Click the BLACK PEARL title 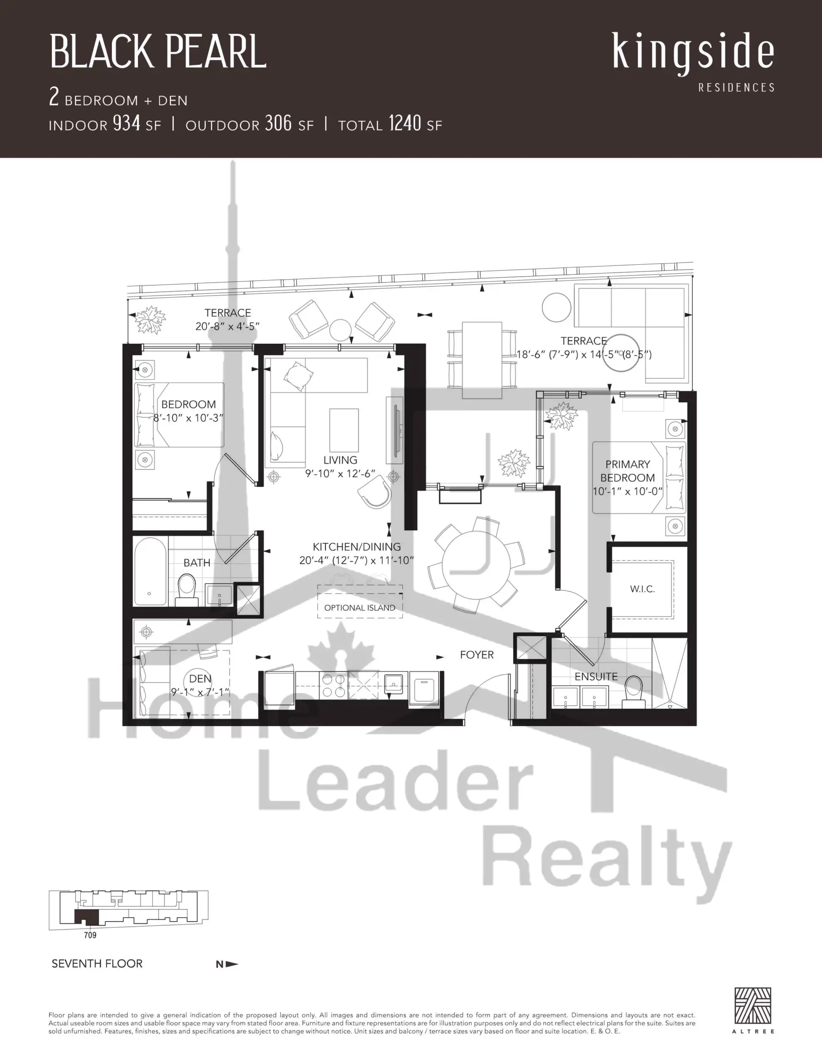point(158,52)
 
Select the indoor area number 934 point(127,124)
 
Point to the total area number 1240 point(405,124)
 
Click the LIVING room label point(340,460)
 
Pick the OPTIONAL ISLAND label point(359,608)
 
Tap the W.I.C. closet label point(642,589)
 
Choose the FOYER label point(477,655)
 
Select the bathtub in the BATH point(150,571)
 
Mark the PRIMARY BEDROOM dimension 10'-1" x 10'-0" point(628,492)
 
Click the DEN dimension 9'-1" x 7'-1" point(200,692)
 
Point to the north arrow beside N point(232,964)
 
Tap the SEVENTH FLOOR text point(97,964)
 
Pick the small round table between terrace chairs point(341,330)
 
